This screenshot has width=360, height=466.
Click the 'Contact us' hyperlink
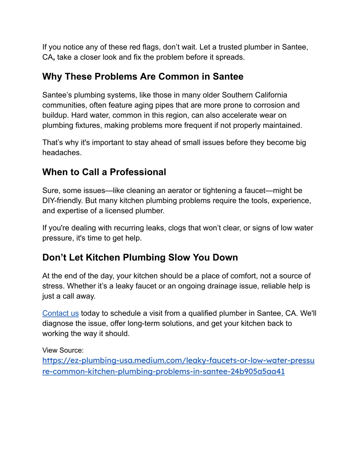pyautogui.click(x=60, y=313)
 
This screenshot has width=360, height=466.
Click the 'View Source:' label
pyautogui.click(x=63, y=350)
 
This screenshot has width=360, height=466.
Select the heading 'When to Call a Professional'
pyautogui.click(x=104, y=172)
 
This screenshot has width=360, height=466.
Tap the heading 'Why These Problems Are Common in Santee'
pyautogui.click(x=143, y=77)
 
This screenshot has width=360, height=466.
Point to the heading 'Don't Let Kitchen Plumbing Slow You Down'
pyautogui.click(x=140, y=257)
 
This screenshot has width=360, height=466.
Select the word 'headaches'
pyautogui.click(x=61, y=153)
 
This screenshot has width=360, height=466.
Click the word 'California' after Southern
pyautogui.click(x=271, y=95)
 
